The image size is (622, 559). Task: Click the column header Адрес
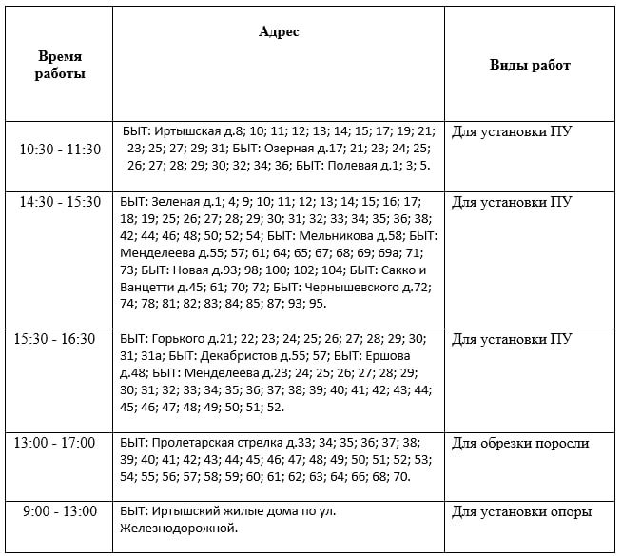pos(279,32)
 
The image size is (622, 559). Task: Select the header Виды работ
pos(530,65)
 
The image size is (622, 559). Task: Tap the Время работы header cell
pos(60,66)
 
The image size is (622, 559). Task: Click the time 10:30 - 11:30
pos(60,149)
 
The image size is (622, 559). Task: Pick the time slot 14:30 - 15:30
pos(60,202)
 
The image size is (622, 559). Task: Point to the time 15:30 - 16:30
pos(60,339)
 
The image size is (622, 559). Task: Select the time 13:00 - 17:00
pos(60,443)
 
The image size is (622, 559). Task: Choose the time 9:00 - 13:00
pos(60,512)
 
